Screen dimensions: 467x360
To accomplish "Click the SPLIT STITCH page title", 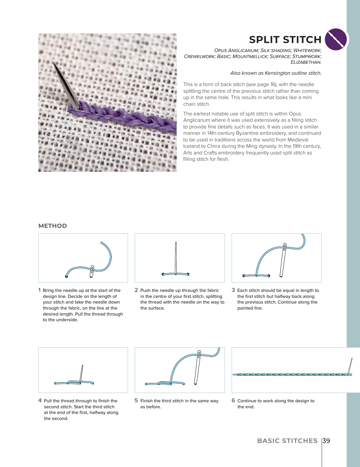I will click(285, 40).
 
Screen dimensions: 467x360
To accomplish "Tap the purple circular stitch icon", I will click(336, 39).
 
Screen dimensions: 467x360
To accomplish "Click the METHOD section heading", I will click(53, 226).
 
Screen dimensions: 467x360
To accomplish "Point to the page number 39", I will click(326, 441).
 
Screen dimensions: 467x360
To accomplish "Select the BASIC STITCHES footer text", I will click(287, 441).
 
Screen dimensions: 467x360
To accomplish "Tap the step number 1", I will click(39, 290).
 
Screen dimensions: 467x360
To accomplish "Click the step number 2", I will click(136, 290).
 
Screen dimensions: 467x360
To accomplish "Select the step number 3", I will click(233, 290).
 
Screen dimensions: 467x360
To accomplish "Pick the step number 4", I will click(40, 401).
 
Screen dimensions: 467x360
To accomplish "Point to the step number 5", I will click(136, 401).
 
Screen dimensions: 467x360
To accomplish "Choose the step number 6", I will click(233, 401).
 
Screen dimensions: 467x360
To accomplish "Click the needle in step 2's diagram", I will click(176, 257).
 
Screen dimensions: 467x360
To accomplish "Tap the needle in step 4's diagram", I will click(81, 374).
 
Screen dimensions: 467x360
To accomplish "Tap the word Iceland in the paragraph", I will click(192, 146).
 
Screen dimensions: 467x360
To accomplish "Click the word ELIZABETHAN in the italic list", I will click(306, 62).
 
